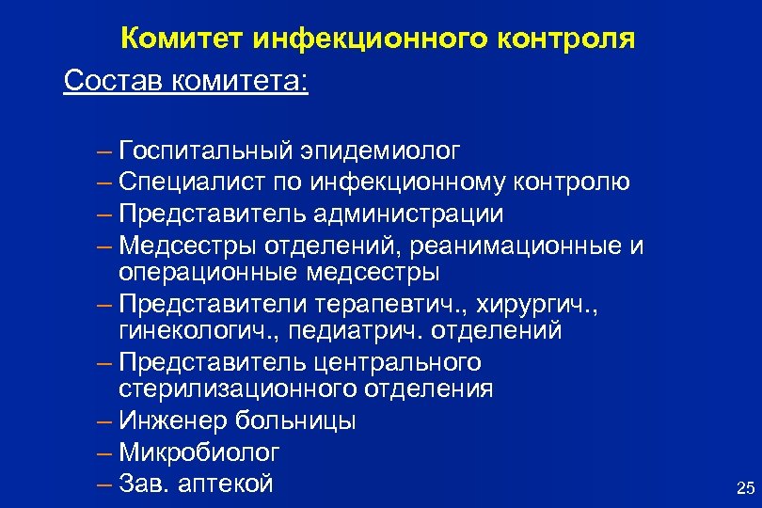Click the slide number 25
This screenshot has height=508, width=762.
(745, 487)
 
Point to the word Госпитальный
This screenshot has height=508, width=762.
(204, 151)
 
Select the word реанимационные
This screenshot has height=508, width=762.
(526, 246)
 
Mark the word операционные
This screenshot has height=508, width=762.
(209, 273)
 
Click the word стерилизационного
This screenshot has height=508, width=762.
(239, 389)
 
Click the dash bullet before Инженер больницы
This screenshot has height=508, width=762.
(103, 421)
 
